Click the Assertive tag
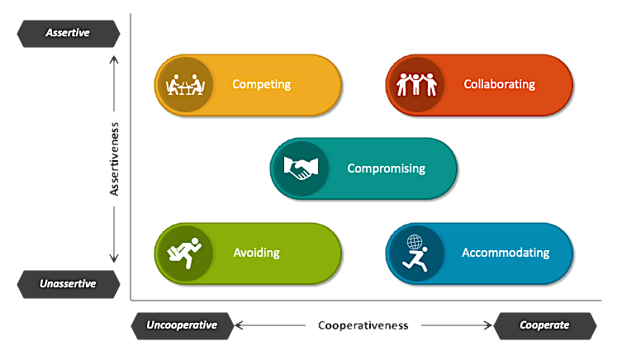click(x=69, y=33)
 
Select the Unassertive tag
click(x=68, y=283)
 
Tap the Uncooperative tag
click(x=181, y=325)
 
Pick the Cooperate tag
click(x=544, y=325)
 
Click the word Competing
click(x=261, y=84)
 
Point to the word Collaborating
click(x=499, y=84)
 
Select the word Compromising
click(x=386, y=168)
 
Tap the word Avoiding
click(x=256, y=253)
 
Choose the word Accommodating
click(x=506, y=253)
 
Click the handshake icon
click(x=300, y=168)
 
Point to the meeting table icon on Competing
click(x=184, y=84)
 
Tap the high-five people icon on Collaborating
click(x=415, y=84)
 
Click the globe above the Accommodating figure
click(x=416, y=243)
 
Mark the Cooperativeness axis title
click(x=363, y=325)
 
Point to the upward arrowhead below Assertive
click(x=115, y=59)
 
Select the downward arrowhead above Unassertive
click(x=115, y=258)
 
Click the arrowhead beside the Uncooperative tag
click(x=239, y=325)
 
